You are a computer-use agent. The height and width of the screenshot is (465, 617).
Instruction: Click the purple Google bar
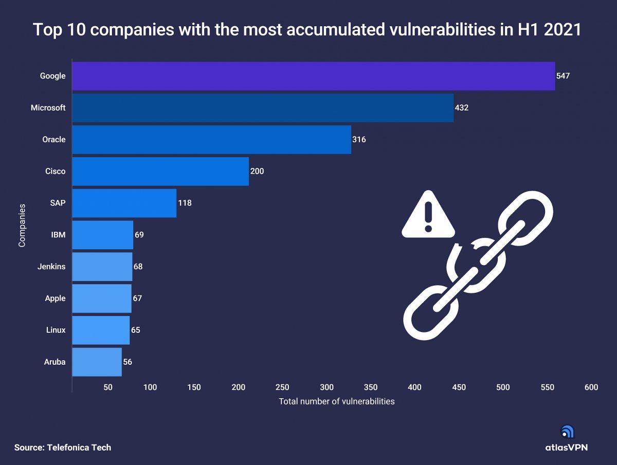coord(314,76)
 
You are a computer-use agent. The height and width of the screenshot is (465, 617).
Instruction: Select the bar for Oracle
coord(211,139)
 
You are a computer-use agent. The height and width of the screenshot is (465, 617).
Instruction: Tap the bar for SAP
coord(124,203)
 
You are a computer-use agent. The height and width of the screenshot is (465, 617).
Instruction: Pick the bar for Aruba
coord(97,362)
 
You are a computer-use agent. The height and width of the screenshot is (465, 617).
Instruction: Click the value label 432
coord(462,108)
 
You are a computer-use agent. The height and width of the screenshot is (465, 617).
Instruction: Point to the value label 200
coord(257,171)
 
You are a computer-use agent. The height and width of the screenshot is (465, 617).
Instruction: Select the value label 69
coord(139,235)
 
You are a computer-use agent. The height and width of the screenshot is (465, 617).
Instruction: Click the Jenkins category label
coord(51,267)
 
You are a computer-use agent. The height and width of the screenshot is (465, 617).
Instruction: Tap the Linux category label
coord(56,330)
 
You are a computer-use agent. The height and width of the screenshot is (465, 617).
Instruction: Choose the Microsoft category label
coord(48,108)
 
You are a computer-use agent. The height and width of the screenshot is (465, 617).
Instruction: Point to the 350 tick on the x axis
coord(370,387)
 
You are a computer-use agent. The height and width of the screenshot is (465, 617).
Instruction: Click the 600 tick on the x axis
coord(591,387)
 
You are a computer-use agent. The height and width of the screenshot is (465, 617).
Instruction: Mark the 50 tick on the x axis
coord(108,387)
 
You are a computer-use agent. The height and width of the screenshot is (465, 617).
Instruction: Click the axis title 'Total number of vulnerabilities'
coord(337,401)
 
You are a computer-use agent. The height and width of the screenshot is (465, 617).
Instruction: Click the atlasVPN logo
coord(567,440)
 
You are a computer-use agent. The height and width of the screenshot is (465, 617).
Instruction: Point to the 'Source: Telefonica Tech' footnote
coord(63,448)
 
